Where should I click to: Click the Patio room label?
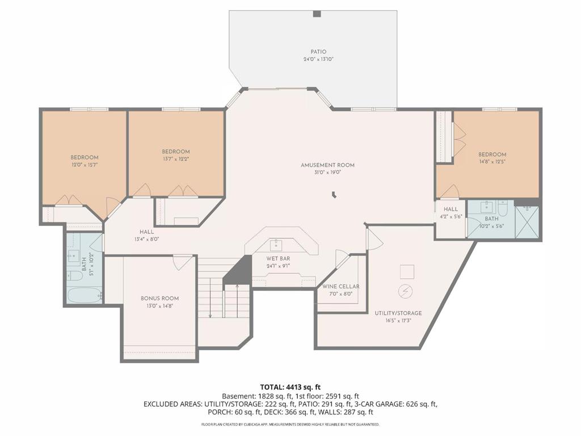[x=319, y=52]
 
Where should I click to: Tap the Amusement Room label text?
[x=327, y=165]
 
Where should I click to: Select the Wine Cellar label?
[x=340, y=287]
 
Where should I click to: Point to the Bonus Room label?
[x=159, y=299]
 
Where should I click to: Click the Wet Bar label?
[x=278, y=258]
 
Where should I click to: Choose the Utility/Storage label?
[x=398, y=313]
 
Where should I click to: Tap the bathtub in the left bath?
[x=85, y=295]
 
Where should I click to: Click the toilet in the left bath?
[x=75, y=276]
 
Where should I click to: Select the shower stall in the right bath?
[x=527, y=222]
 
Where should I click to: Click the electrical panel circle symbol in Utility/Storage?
[x=405, y=291]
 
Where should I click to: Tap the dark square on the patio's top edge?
[x=317, y=14]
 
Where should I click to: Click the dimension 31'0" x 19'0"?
[x=327, y=173]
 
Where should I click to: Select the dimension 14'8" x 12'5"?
[x=492, y=162]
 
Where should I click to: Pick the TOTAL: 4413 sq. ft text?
[x=290, y=387]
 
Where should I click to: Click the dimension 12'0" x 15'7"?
[x=85, y=165]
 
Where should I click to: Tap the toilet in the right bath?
[x=503, y=209]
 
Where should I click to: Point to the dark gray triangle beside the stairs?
[x=238, y=270]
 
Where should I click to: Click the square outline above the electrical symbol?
[x=407, y=272]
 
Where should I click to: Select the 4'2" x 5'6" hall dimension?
[x=451, y=217]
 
